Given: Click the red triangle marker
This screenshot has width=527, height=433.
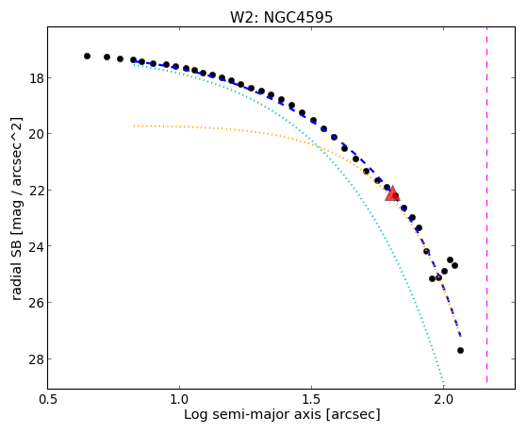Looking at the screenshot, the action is coord(392,193).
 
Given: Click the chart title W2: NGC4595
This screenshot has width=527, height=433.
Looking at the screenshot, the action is coord(281,17).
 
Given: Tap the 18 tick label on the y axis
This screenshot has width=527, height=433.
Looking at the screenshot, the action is coord(36,78).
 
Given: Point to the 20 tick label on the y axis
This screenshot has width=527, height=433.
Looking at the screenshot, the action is coord(36,134).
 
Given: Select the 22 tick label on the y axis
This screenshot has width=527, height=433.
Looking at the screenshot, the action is coord(36,191).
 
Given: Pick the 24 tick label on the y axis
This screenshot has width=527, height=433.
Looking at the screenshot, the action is coord(36,246).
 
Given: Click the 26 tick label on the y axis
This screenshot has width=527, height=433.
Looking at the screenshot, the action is coord(36,303).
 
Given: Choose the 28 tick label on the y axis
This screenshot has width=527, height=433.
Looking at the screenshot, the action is coord(36,359).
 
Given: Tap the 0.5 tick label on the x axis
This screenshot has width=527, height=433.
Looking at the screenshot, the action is coord(47,400).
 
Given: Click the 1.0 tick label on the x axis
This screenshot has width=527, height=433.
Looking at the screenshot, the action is coord(179,400).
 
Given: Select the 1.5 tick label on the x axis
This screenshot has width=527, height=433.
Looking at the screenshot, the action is coord(311,400).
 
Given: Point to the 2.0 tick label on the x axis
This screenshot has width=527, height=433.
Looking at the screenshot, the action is coord(444,400).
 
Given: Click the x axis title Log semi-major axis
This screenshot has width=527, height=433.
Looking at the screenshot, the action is coord(253,415).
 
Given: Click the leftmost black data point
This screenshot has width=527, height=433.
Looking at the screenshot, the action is coord(87,57).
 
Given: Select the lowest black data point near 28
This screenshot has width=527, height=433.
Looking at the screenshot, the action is coord(460,351).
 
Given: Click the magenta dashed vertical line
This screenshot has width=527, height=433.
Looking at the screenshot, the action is coord(486,205).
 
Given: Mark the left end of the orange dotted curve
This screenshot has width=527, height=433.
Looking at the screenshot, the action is coord(134,125).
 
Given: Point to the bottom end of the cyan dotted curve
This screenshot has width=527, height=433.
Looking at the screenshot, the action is coord(444,386).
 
